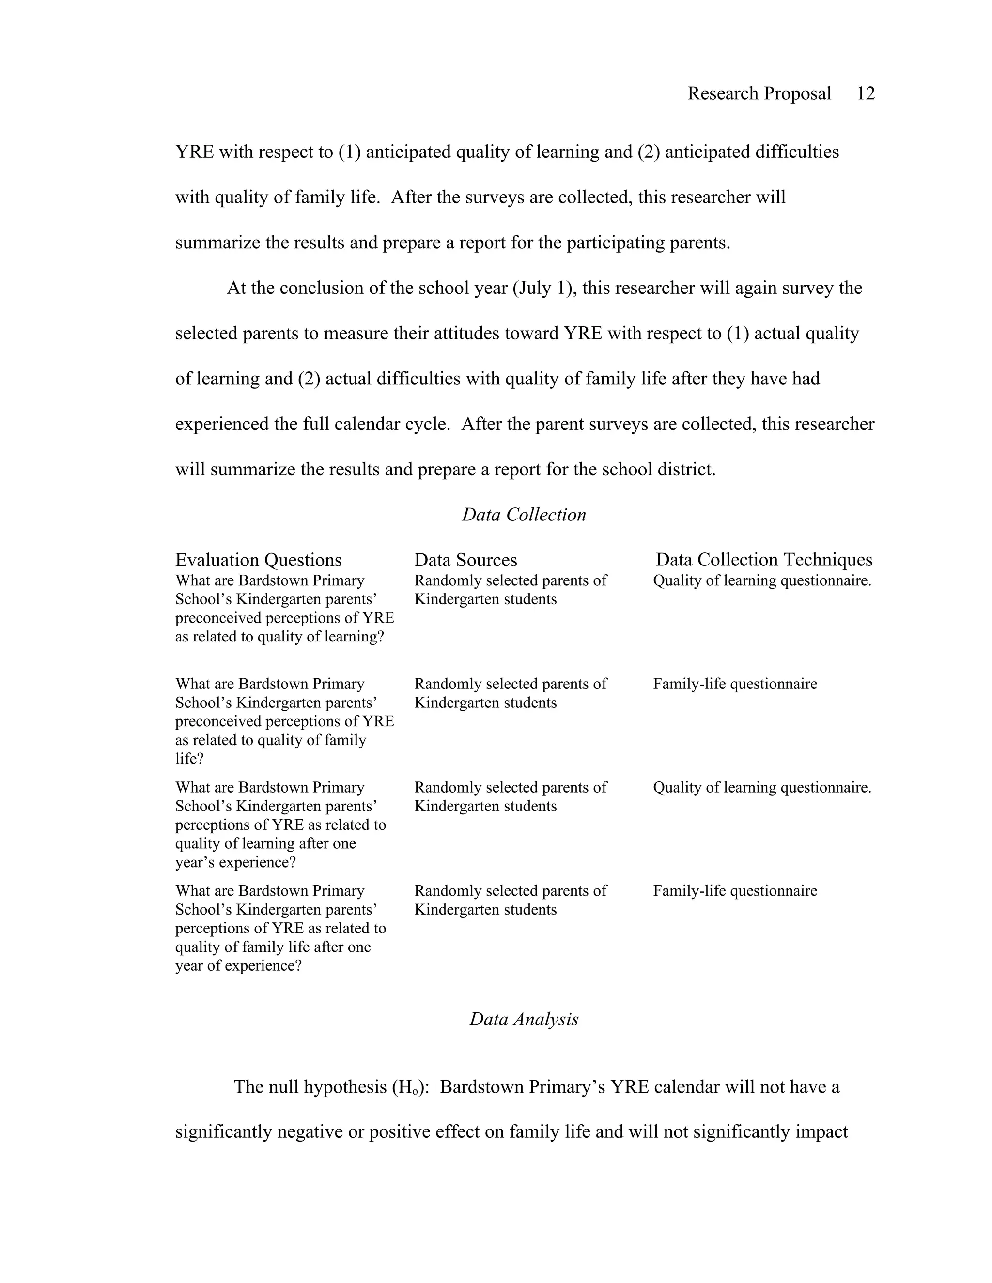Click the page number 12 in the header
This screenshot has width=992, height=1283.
coord(866,93)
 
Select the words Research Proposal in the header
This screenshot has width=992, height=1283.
coord(759,93)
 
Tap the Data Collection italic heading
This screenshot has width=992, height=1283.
coord(524,515)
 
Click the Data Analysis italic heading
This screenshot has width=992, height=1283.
coord(524,1019)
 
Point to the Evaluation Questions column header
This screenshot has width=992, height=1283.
coord(258,560)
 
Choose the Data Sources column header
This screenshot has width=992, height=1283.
coord(465,560)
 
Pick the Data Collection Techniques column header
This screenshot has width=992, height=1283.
coord(763,560)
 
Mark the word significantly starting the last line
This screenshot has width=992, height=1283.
coord(223,1132)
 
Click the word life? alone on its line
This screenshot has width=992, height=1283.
coord(189,759)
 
